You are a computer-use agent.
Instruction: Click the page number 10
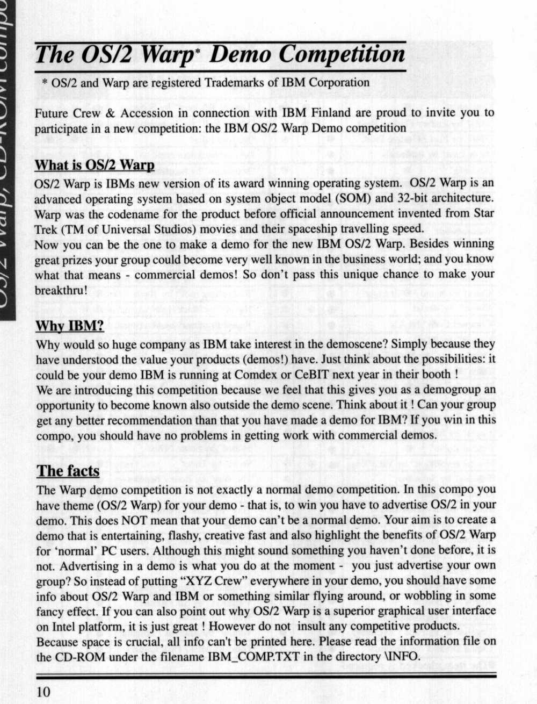point(43,691)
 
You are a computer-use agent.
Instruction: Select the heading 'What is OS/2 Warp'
point(95,164)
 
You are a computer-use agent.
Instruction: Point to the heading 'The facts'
point(68,471)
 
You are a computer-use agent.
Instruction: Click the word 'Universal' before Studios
point(115,228)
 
